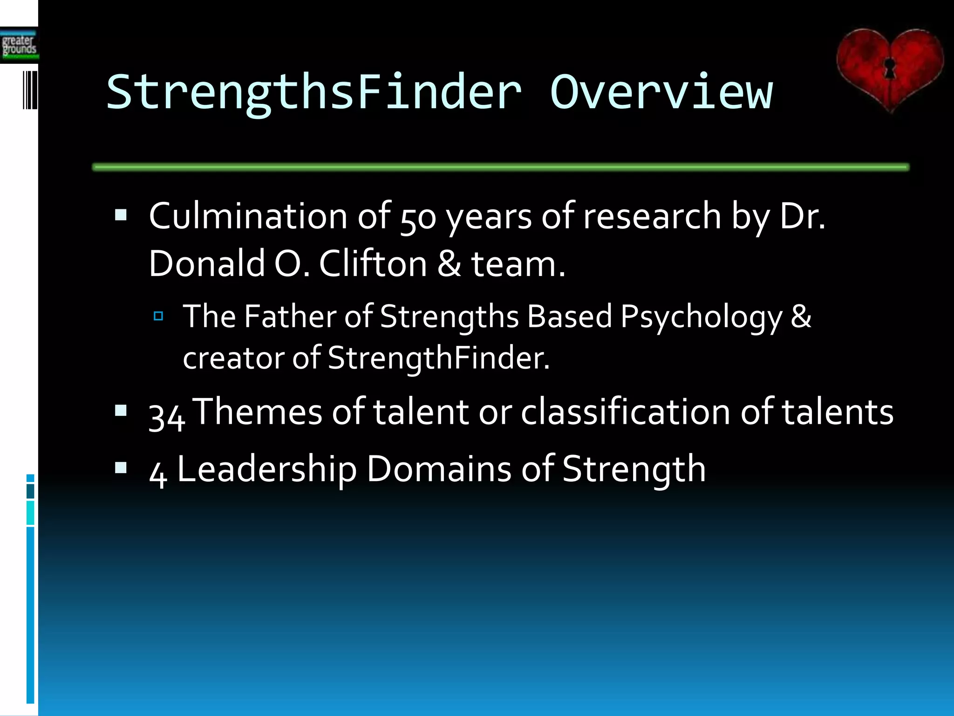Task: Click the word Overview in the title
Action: [x=661, y=92]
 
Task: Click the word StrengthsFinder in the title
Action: [x=314, y=92]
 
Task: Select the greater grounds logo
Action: [x=19, y=46]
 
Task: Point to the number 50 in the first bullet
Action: [x=418, y=217]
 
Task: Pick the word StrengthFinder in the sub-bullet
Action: [x=438, y=358]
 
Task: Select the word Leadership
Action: [x=267, y=469]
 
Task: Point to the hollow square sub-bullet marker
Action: [x=158, y=317]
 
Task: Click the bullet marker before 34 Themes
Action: [x=121, y=411]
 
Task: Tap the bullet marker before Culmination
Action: [x=121, y=215]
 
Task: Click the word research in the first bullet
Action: [x=652, y=216]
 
